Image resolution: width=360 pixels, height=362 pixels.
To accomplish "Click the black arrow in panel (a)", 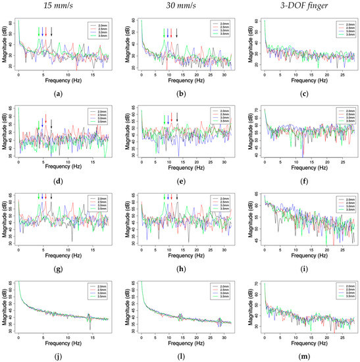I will pyautogui.click(x=52, y=32).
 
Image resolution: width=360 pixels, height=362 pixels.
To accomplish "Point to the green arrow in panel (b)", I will pyautogui.click(x=165, y=32).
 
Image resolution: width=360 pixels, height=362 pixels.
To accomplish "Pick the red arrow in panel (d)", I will pyautogui.click(x=45, y=118).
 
